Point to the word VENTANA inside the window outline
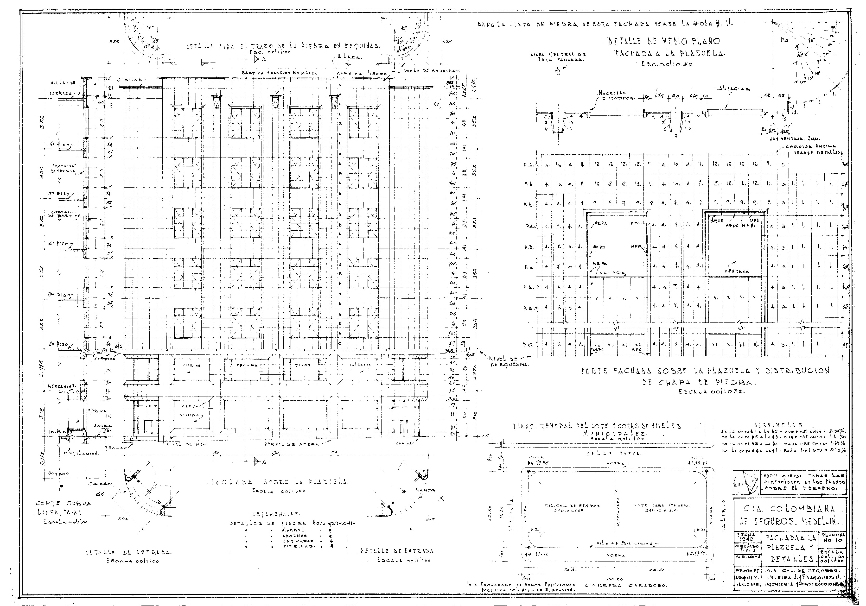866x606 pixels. pyautogui.click(x=739, y=271)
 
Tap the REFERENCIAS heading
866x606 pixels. pyautogui.click(x=276, y=514)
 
